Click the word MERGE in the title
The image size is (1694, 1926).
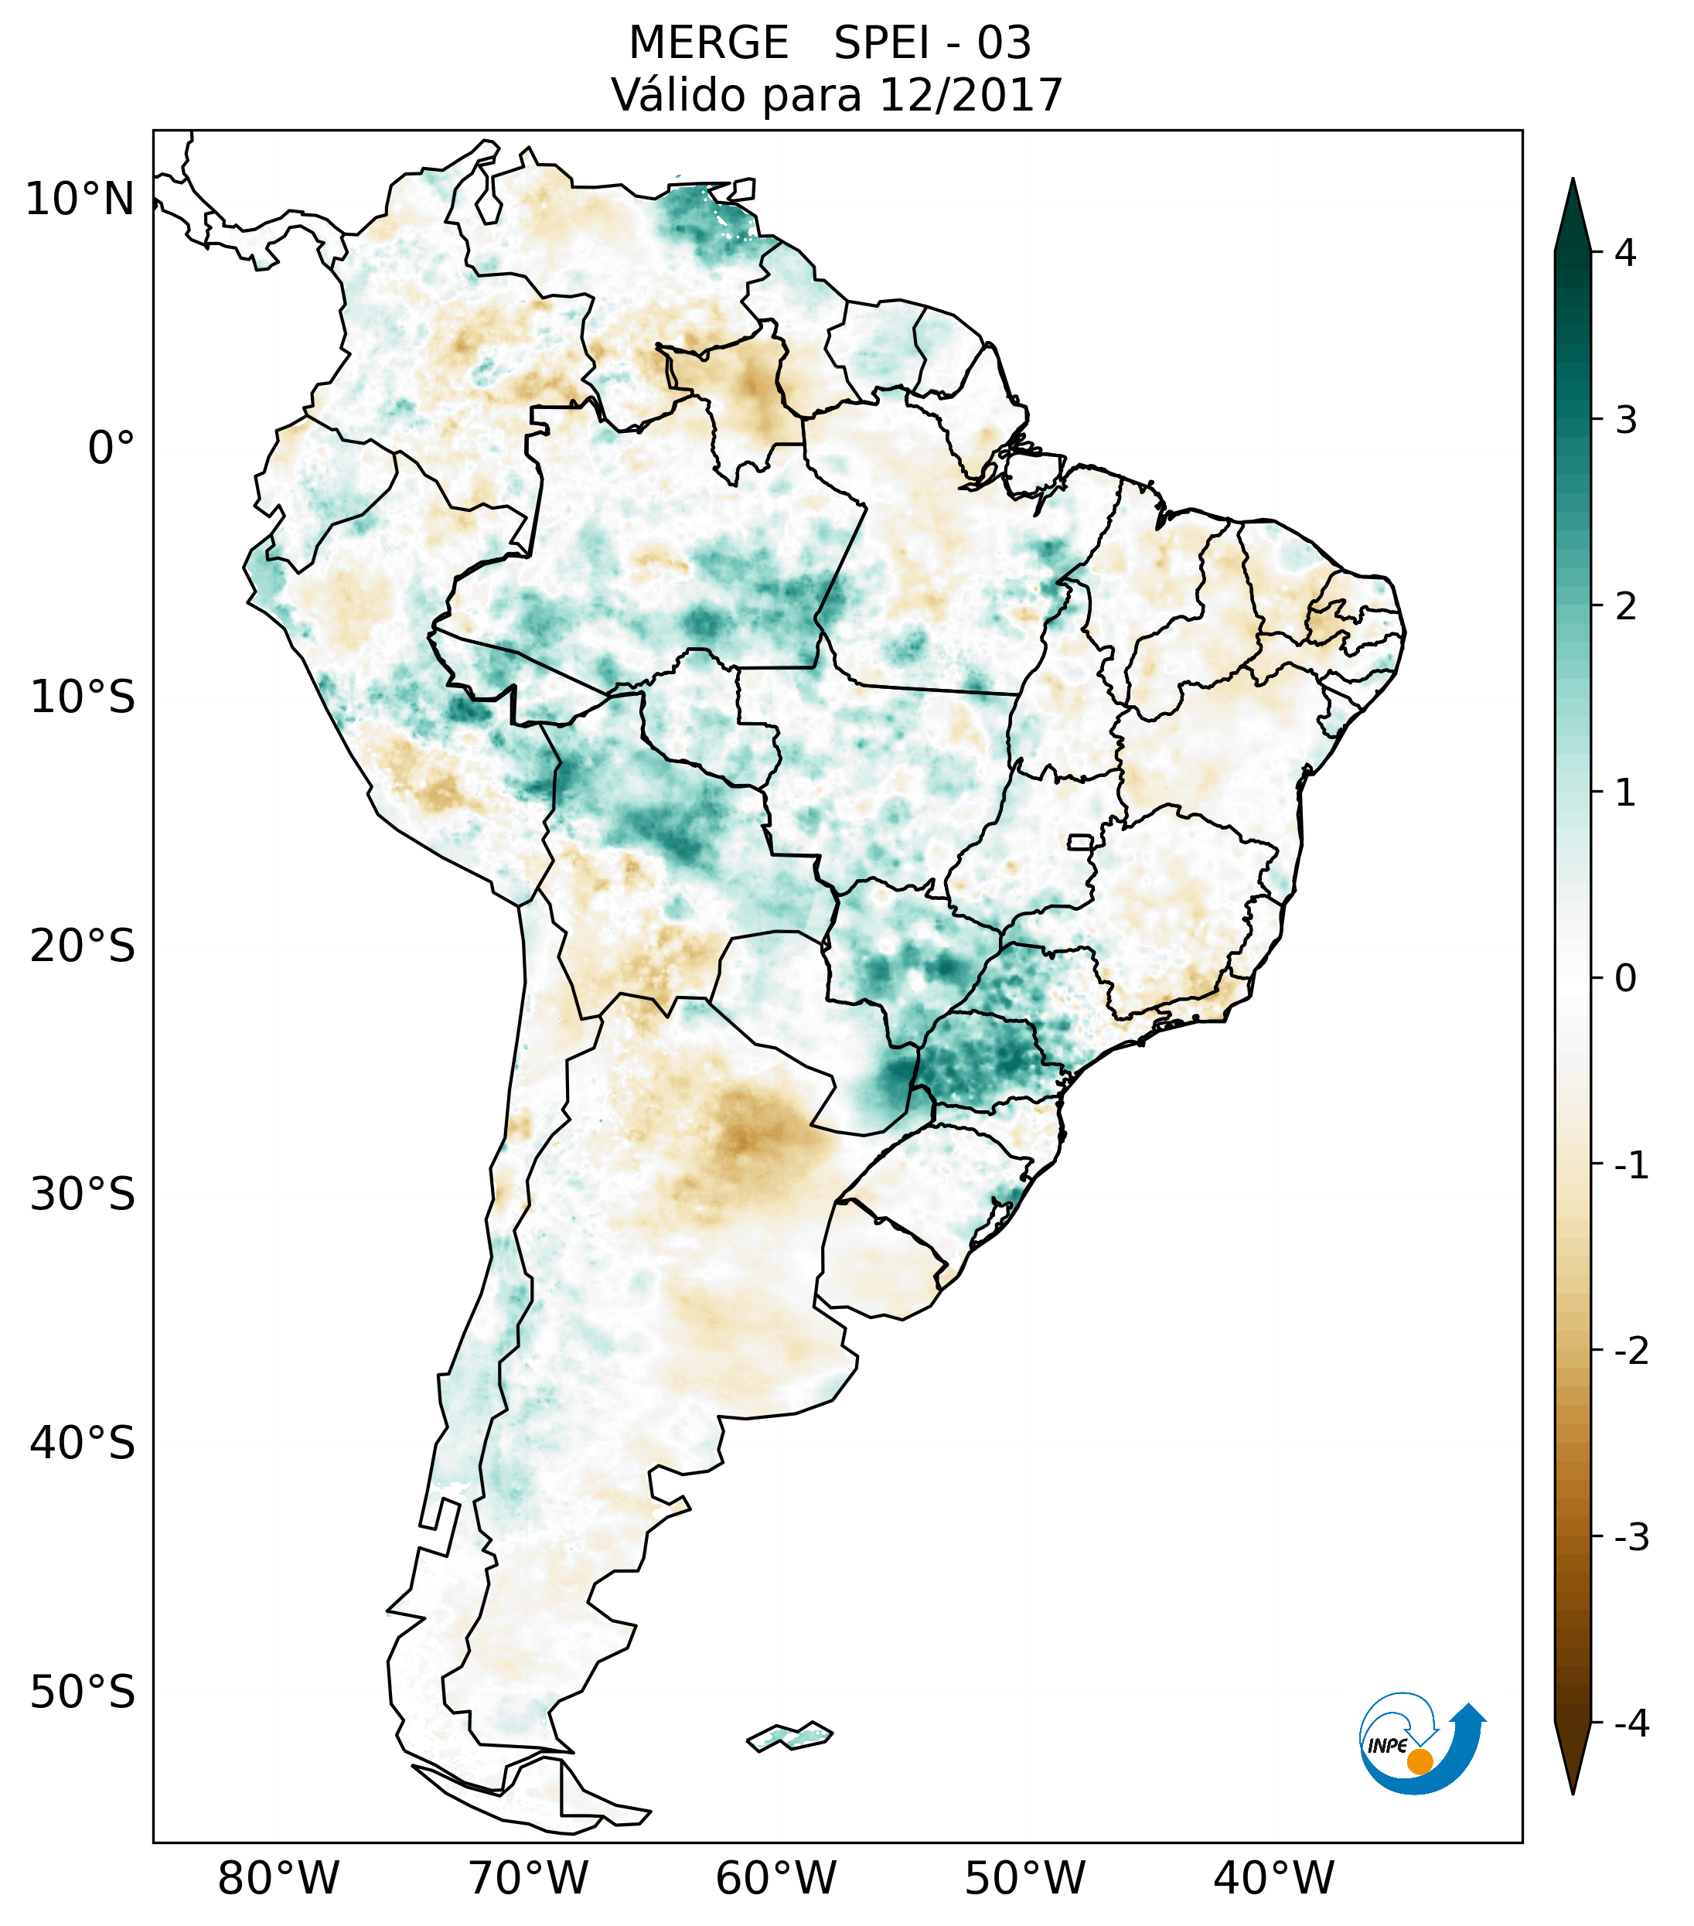click(707, 43)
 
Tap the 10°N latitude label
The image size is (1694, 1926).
click(80, 199)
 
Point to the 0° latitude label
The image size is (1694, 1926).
click(111, 448)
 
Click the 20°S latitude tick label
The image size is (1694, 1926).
click(83, 946)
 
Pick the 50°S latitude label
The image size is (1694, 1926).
click(83, 1693)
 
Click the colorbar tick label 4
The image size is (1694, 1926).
click(1625, 253)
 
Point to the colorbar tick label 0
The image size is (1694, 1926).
click(1625, 979)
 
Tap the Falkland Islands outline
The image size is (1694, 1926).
click(789, 1736)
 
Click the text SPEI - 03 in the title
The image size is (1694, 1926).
click(932, 43)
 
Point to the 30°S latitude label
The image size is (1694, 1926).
click(83, 1195)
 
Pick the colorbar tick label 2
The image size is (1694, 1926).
click(1625, 607)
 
